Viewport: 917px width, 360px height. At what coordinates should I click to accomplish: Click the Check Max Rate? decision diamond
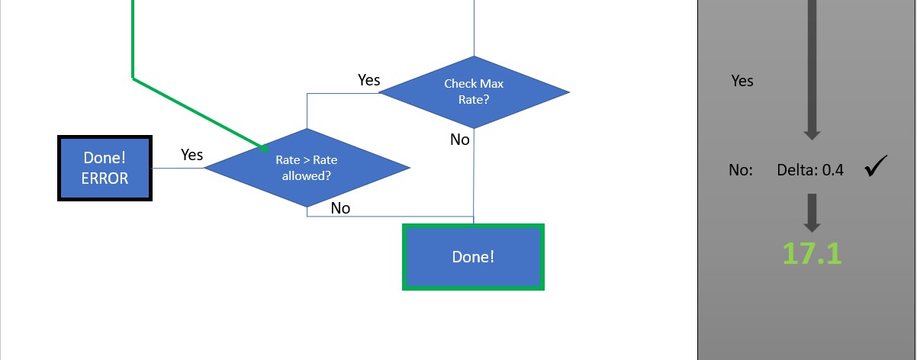pos(474,92)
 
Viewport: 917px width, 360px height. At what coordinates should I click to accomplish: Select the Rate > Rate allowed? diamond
pos(307,167)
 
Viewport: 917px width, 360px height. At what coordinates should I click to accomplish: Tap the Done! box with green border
pos(473,257)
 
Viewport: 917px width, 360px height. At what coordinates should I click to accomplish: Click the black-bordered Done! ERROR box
pos(105,168)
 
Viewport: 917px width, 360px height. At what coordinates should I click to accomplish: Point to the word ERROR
pos(105,178)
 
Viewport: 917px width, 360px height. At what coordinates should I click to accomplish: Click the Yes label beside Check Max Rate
pos(369,80)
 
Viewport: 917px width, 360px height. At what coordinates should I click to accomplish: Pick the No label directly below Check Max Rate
pos(460,140)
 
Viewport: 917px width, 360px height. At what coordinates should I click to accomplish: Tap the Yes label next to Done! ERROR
pos(191,155)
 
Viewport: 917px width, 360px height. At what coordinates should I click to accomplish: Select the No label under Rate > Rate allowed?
pos(340,207)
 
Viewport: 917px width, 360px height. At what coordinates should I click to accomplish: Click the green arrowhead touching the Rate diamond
pos(263,146)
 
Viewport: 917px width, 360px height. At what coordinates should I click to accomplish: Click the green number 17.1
pos(812,253)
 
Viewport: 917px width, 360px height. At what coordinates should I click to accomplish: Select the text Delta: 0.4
pos(810,171)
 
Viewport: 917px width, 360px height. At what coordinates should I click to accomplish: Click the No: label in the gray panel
pos(741,171)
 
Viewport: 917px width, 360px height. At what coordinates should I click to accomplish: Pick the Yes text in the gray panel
pos(742,81)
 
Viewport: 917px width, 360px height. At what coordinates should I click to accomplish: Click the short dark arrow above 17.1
pos(812,212)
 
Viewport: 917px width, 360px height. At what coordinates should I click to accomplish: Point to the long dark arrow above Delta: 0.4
pos(812,69)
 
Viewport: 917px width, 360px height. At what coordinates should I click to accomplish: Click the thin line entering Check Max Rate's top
pos(475,27)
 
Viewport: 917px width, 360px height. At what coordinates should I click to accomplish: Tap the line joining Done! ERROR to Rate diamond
pos(179,168)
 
